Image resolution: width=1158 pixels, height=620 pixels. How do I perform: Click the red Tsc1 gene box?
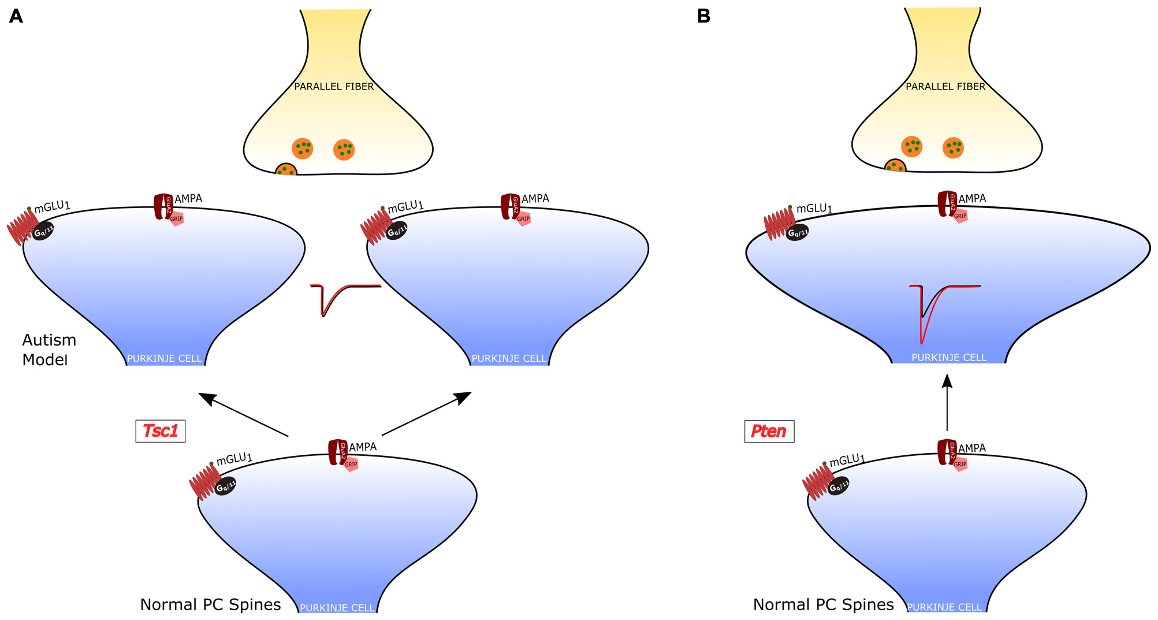click(160, 431)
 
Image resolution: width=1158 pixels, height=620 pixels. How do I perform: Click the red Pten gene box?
click(769, 431)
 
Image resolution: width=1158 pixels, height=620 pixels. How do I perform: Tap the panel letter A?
click(16, 16)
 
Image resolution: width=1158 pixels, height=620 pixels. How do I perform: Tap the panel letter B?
click(703, 16)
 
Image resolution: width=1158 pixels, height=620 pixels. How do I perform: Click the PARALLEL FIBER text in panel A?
click(334, 87)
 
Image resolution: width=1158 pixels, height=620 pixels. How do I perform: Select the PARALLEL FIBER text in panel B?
click(945, 87)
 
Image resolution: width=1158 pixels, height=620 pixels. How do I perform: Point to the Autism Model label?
click(49, 350)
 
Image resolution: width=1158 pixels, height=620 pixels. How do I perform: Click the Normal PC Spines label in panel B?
click(823, 605)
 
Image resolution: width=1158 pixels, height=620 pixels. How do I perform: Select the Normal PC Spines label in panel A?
click(210, 605)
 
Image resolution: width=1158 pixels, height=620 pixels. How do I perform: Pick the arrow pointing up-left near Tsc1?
click(243, 414)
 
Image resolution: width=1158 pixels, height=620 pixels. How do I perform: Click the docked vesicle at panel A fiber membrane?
click(286, 170)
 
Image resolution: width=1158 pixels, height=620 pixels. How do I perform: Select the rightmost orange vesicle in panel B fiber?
click(953, 148)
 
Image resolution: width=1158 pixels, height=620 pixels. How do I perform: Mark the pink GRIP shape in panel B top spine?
click(960, 217)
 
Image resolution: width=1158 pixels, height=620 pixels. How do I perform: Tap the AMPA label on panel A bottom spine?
click(363, 447)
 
